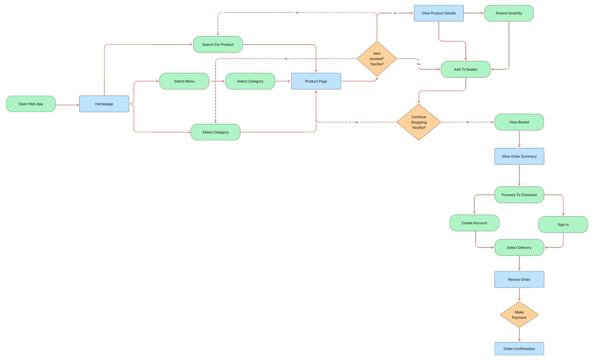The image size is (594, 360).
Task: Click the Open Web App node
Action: coord(31,104)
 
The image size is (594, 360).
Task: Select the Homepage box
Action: coord(104,104)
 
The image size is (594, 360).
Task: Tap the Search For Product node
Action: coord(218,45)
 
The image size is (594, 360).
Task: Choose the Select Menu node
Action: coord(184,81)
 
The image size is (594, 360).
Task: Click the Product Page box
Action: coord(316,81)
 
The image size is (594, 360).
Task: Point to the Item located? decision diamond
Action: coord(377,59)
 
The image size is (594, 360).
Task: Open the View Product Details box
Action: coord(438,13)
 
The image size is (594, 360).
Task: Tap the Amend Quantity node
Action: coord(508,13)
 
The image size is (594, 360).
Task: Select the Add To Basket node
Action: coord(465,69)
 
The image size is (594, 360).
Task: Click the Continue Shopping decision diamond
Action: coord(418,122)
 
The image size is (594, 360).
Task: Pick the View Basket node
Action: coord(519,122)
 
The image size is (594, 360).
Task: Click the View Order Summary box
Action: coord(519,157)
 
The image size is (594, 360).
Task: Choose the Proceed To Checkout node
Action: coord(519,195)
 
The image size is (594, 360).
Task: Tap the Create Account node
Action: coord(474,223)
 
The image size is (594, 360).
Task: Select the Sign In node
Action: coord(563,225)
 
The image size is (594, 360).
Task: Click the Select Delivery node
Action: coord(519,247)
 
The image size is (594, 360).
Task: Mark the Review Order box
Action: coord(519,279)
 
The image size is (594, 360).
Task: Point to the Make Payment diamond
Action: coord(519,315)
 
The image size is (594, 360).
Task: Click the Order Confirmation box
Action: coord(519,349)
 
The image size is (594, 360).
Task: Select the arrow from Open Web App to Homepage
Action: coord(67,105)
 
